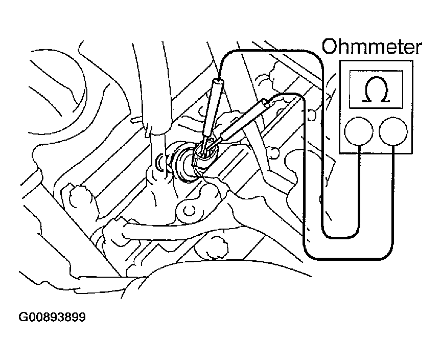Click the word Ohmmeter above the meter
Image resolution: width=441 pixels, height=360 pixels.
pyautogui.click(x=372, y=48)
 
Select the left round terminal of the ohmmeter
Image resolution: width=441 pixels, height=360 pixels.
pyautogui.click(x=358, y=131)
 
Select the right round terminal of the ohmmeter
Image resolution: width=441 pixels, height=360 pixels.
pyautogui.click(x=393, y=131)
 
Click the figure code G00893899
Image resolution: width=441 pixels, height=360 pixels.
pyautogui.click(x=52, y=317)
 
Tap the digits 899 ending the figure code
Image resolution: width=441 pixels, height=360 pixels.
pyautogui.click(x=75, y=317)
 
